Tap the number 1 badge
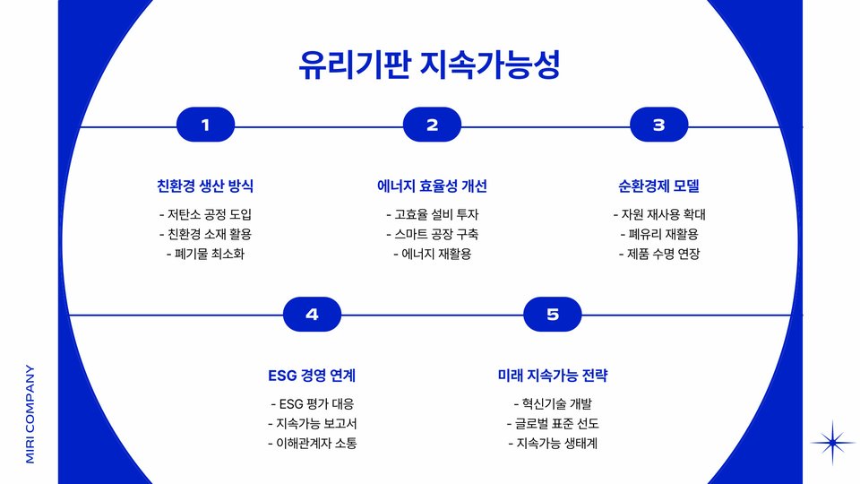pyautogui.click(x=205, y=125)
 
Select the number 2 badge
pyautogui.click(x=432, y=125)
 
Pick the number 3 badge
pyautogui.click(x=658, y=125)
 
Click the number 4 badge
pyautogui.click(x=312, y=314)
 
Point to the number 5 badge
pyautogui.click(x=552, y=314)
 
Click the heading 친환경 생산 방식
pyautogui.click(x=205, y=186)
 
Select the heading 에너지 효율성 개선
pyautogui.click(x=432, y=186)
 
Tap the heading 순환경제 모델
pyautogui.click(x=658, y=186)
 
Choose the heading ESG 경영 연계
pyautogui.click(x=312, y=376)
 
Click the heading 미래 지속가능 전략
pyautogui.click(x=552, y=376)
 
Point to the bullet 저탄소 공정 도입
pyautogui.click(x=205, y=214)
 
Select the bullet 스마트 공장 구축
pyautogui.click(x=432, y=234)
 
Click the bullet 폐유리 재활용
pyautogui.click(x=658, y=234)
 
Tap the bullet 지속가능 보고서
pyautogui.click(x=312, y=423)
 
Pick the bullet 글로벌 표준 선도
pyautogui.click(x=552, y=423)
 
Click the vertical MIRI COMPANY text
pyautogui.click(x=30, y=412)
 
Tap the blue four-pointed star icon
pyautogui.click(x=833, y=442)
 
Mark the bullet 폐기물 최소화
pyautogui.click(x=205, y=254)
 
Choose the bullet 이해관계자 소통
pyautogui.click(x=312, y=443)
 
